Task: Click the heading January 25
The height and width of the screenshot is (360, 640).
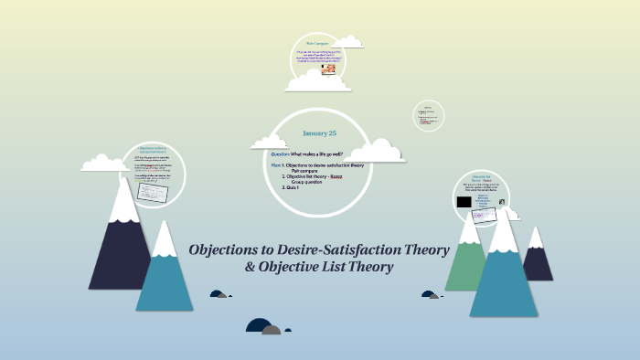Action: click(x=319, y=133)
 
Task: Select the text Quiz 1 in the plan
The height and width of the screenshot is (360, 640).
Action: click(x=293, y=186)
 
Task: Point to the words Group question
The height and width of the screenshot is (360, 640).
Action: click(x=310, y=181)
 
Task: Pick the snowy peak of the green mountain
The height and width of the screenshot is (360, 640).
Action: click(x=470, y=229)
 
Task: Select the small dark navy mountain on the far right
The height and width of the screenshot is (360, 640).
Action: click(x=537, y=260)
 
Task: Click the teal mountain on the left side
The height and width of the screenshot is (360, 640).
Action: click(x=165, y=274)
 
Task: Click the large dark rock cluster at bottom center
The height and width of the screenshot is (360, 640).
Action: click(x=263, y=326)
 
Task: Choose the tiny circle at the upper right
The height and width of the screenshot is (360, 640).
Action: click(x=428, y=114)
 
